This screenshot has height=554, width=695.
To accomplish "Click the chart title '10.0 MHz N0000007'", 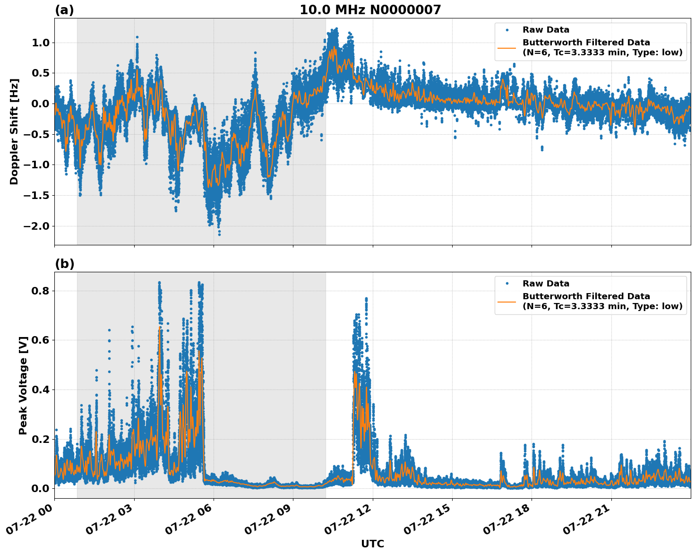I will (370, 10).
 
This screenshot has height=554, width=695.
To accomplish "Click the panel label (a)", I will (64, 10).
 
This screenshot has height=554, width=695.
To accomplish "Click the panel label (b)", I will (64, 264).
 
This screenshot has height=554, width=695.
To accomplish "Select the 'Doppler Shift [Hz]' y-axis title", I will (14, 131).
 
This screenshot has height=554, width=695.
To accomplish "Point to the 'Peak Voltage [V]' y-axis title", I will (23, 385).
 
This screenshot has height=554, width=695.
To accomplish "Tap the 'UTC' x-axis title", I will (372, 544).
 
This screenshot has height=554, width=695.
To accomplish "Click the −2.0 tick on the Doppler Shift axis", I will (35, 226).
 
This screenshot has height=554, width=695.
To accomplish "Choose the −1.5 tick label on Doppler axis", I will (35, 195).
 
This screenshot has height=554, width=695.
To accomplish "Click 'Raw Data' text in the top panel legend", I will (546, 30).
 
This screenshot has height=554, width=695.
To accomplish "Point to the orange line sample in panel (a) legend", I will (506, 47).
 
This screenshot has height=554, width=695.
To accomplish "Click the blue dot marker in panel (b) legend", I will (506, 284).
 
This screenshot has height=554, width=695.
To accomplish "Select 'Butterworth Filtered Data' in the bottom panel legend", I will (586, 296).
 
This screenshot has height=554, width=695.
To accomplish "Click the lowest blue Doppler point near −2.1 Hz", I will (219, 234).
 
